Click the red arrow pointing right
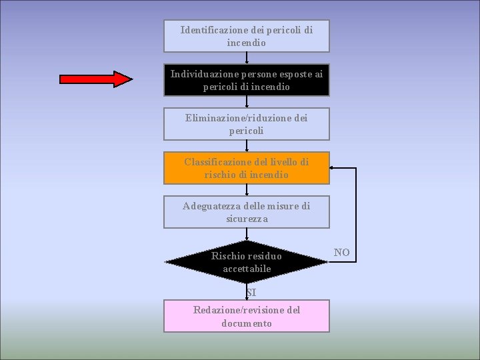click(x=96, y=79)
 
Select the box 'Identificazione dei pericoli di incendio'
click(x=247, y=36)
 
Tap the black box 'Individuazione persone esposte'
click(x=247, y=80)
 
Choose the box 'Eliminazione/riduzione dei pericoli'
click(x=247, y=124)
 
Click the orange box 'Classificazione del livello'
click(x=247, y=168)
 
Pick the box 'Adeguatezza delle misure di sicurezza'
click(x=247, y=212)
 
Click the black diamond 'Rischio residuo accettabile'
click(x=247, y=262)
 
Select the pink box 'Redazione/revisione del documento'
click(x=247, y=316)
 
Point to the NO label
click(x=341, y=252)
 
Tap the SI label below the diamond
click(x=250, y=293)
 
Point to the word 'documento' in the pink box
click(x=247, y=323)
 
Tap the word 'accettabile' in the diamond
click(x=247, y=269)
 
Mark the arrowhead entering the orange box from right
click(x=333, y=169)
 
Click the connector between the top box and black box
click(x=247, y=57)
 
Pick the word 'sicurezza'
click(x=247, y=219)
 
